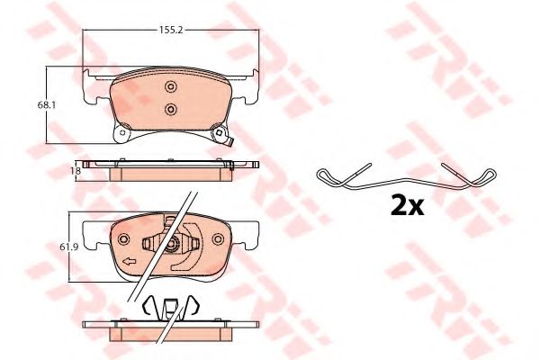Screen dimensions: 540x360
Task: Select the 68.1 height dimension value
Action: click(47, 104)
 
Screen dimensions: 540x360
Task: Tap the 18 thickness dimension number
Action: click(77, 170)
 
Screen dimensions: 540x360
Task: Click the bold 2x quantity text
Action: click(407, 205)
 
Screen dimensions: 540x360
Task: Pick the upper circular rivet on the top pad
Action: click(170, 86)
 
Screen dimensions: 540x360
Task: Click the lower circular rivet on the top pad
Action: click(170, 109)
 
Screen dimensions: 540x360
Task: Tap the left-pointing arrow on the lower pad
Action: click(129, 262)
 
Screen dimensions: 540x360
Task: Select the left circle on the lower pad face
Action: click(123, 239)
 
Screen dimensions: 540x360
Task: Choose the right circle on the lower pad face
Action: click(218, 239)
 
